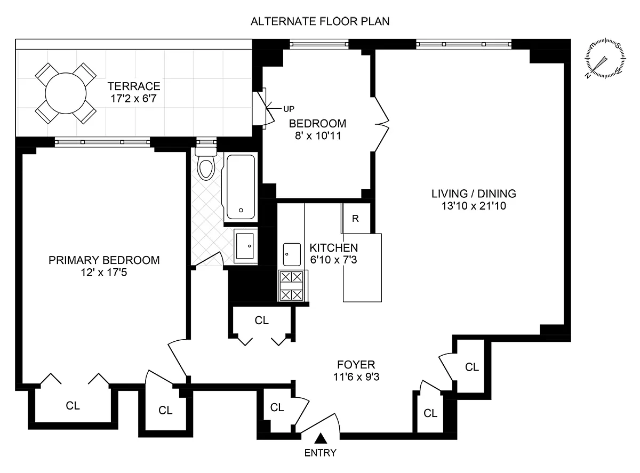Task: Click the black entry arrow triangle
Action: tap(321, 438)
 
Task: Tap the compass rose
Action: tap(606, 59)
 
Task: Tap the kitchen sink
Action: tap(292, 254)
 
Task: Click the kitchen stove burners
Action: tap(292, 286)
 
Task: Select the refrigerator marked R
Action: tap(356, 219)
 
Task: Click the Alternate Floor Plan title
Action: tap(320, 22)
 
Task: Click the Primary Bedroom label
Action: tap(104, 260)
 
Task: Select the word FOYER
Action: tap(356, 365)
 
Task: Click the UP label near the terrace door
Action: tap(289, 109)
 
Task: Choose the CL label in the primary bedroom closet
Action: tap(73, 405)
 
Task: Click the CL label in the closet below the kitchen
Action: tap(261, 320)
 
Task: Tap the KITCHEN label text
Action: tap(334, 248)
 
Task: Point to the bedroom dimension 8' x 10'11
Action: tap(317, 135)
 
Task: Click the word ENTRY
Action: tap(321, 453)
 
